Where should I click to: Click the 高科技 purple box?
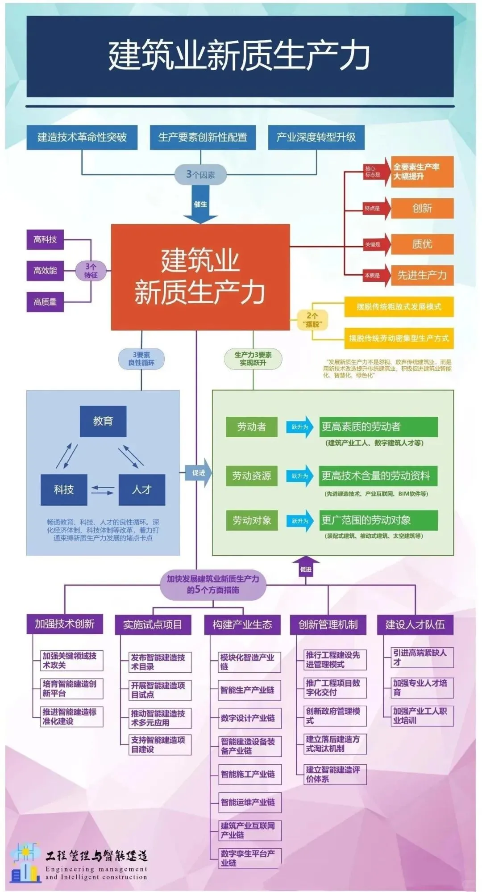pos(45,239)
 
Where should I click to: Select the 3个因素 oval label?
pos(200,175)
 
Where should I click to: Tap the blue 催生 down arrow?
pos(200,205)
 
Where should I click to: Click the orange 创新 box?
pos(422,208)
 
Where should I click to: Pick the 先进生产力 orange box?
pos(422,275)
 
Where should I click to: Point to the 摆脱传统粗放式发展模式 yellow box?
pos(399,306)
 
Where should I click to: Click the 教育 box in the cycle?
pos(103,421)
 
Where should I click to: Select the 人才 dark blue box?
pos(141,490)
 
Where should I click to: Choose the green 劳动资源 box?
pos(251,476)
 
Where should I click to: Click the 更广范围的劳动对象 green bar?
pos(378,520)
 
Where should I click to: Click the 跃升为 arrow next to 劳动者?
pos(300,427)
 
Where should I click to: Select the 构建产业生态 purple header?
pos(242,624)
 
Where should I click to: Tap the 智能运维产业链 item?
pos(248,802)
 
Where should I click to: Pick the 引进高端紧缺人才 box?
pos(419,657)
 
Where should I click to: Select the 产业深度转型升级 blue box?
pos(316,137)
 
